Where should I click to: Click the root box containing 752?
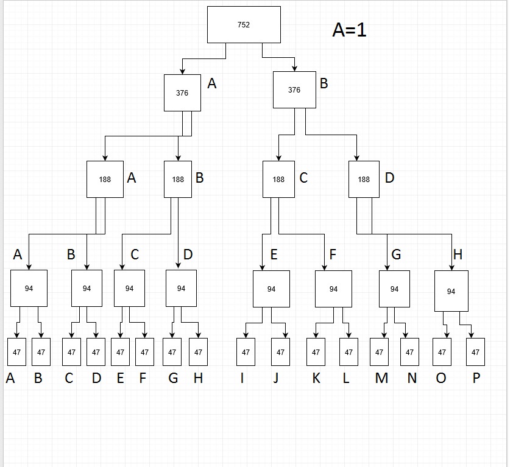click(244, 25)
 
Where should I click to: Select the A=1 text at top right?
click(349, 30)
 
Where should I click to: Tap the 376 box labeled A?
click(182, 93)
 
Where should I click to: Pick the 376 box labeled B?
click(294, 90)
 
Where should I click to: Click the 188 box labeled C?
click(278, 180)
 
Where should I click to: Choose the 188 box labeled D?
click(364, 180)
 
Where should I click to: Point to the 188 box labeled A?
click(105, 180)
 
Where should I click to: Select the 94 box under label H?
click(451, 292)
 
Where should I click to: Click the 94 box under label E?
click(271, 289)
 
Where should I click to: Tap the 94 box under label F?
click(333, 289)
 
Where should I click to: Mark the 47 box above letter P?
click(475, 352)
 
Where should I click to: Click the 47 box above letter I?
click(246, 352)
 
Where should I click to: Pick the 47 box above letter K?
click(316, 352)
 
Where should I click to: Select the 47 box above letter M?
click(379, 352)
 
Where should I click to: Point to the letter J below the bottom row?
click(276, 379)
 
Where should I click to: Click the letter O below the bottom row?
click(440, 379)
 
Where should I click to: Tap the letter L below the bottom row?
click(346, 379)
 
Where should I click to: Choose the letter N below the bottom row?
click(412, 379)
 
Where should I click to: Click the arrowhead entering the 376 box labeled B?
click(295, 68)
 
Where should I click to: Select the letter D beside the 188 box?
click(390, 178)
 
